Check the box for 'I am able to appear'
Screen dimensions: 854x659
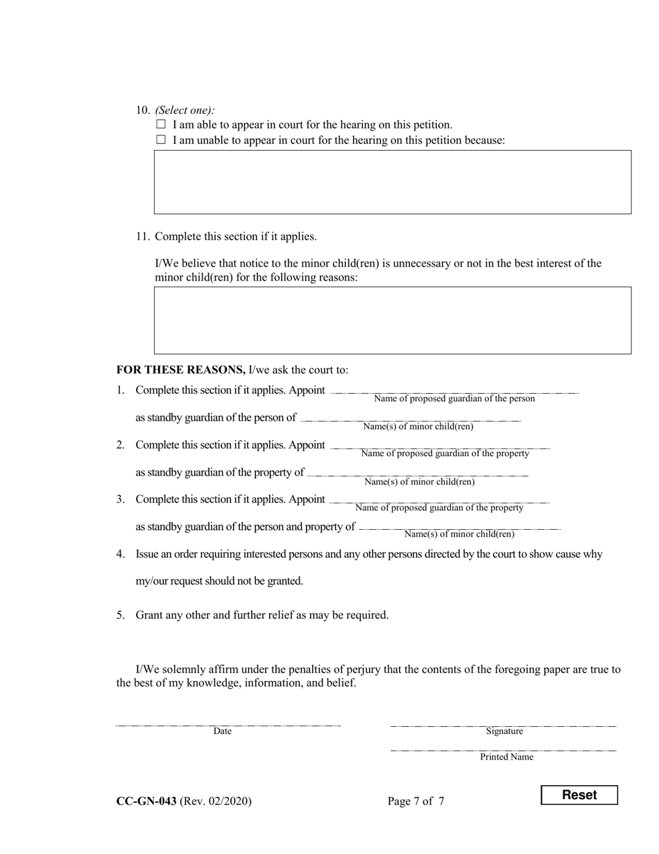161,124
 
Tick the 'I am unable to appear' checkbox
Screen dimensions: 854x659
161,140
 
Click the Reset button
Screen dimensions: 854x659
579,795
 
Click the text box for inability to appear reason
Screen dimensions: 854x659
393,182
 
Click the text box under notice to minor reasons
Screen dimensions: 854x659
393,320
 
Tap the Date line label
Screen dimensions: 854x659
222,731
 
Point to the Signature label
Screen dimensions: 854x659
504,731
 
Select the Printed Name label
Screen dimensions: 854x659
506,757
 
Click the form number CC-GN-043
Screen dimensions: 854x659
146,801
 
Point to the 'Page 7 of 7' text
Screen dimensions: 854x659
416,801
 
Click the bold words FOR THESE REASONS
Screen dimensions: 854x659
180,369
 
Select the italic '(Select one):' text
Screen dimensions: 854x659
185,110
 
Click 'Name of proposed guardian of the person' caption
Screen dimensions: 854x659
454,399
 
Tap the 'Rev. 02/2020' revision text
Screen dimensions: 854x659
216,801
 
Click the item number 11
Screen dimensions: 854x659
142,236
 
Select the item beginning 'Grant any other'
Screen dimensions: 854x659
262,615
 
